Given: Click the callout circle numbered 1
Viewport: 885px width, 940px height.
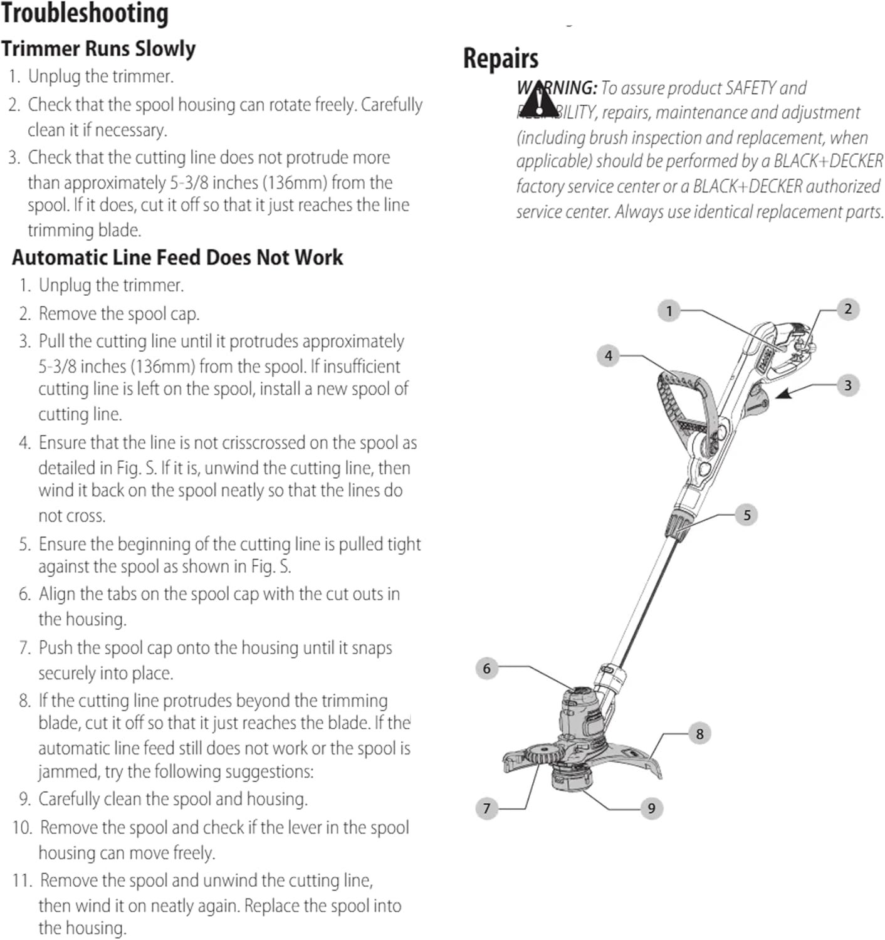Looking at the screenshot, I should [669, 311].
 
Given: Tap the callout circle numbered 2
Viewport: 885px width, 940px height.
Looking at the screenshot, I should [848, 309].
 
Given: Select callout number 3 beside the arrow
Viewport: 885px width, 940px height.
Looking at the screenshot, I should [848, 385].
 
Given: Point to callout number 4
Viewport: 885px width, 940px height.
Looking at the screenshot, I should [608, 356].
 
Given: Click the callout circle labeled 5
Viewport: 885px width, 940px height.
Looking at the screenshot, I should [746, 515].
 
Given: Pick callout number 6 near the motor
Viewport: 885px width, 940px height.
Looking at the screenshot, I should [486, 668].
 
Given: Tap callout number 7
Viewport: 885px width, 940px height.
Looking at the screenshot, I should [486, 808].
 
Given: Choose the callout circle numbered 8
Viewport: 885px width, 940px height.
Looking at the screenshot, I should [699, 734].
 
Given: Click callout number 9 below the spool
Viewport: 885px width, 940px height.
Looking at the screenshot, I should [651, 808].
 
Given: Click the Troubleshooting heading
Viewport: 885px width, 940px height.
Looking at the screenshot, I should [85, 14].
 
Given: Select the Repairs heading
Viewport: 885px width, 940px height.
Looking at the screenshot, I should [500, 58].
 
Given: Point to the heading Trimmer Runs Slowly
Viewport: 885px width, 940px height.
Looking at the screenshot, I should [98, 49].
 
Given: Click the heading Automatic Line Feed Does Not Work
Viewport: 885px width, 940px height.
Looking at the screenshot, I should [177, 258].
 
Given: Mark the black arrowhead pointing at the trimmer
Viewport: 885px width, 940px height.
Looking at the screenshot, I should [785, 394].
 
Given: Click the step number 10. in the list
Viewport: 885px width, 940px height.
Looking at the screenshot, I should [23, 828].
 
